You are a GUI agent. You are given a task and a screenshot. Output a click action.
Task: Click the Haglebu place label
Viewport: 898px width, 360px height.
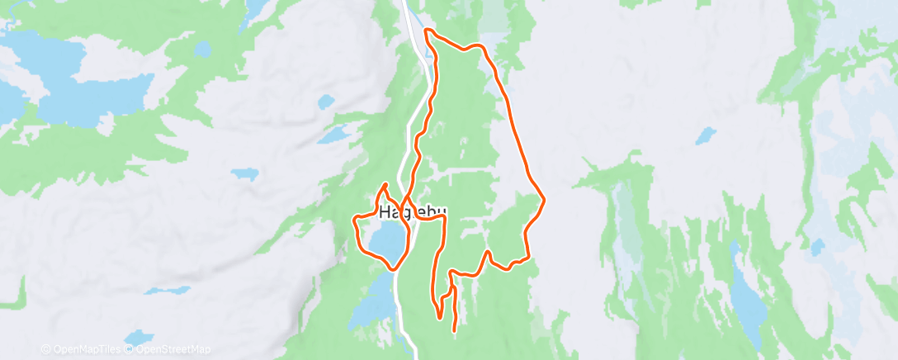point(413,213)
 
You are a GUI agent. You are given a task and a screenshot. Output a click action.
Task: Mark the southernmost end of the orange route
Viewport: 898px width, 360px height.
point(456,331)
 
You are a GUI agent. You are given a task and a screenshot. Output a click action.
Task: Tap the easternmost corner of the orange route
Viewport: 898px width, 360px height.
point(545,199)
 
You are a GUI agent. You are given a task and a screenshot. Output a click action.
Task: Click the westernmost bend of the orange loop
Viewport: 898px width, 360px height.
point(354,221)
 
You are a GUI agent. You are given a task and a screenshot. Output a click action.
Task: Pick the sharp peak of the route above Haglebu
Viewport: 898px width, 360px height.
point(385,183)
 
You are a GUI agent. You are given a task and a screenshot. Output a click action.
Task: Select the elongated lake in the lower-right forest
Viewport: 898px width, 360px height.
point(746,297)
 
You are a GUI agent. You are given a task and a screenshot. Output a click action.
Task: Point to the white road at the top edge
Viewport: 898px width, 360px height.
point(408,10)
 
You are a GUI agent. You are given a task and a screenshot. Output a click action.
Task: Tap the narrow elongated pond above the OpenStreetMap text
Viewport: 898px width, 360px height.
point(167,291)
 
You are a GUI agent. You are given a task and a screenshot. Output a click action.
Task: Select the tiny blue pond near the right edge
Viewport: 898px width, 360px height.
point(817,247)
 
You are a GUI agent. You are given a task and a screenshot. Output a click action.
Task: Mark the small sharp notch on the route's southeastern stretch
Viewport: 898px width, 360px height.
point(489,252)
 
